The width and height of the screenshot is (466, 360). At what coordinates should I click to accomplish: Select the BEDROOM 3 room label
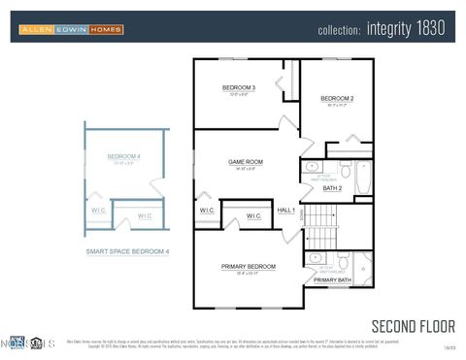(239, 88)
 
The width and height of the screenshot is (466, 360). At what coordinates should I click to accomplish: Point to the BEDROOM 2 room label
(337, 98)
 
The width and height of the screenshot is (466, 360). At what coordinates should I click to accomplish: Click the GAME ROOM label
(246, 162)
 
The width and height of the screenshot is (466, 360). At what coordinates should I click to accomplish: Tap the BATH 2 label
(332, 188)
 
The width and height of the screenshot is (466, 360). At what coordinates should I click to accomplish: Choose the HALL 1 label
(286, 211)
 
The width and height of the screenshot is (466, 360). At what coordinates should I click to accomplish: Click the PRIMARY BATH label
(332, 280)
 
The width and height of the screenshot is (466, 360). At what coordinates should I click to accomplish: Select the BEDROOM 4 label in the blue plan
(123, 156)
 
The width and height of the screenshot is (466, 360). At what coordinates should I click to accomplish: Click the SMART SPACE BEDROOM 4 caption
(127, 251)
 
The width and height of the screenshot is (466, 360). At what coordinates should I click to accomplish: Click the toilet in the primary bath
(343, 262)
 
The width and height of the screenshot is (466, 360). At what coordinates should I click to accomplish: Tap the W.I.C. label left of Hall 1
(208, 211)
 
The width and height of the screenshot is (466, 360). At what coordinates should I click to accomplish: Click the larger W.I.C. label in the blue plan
(145, 215)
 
